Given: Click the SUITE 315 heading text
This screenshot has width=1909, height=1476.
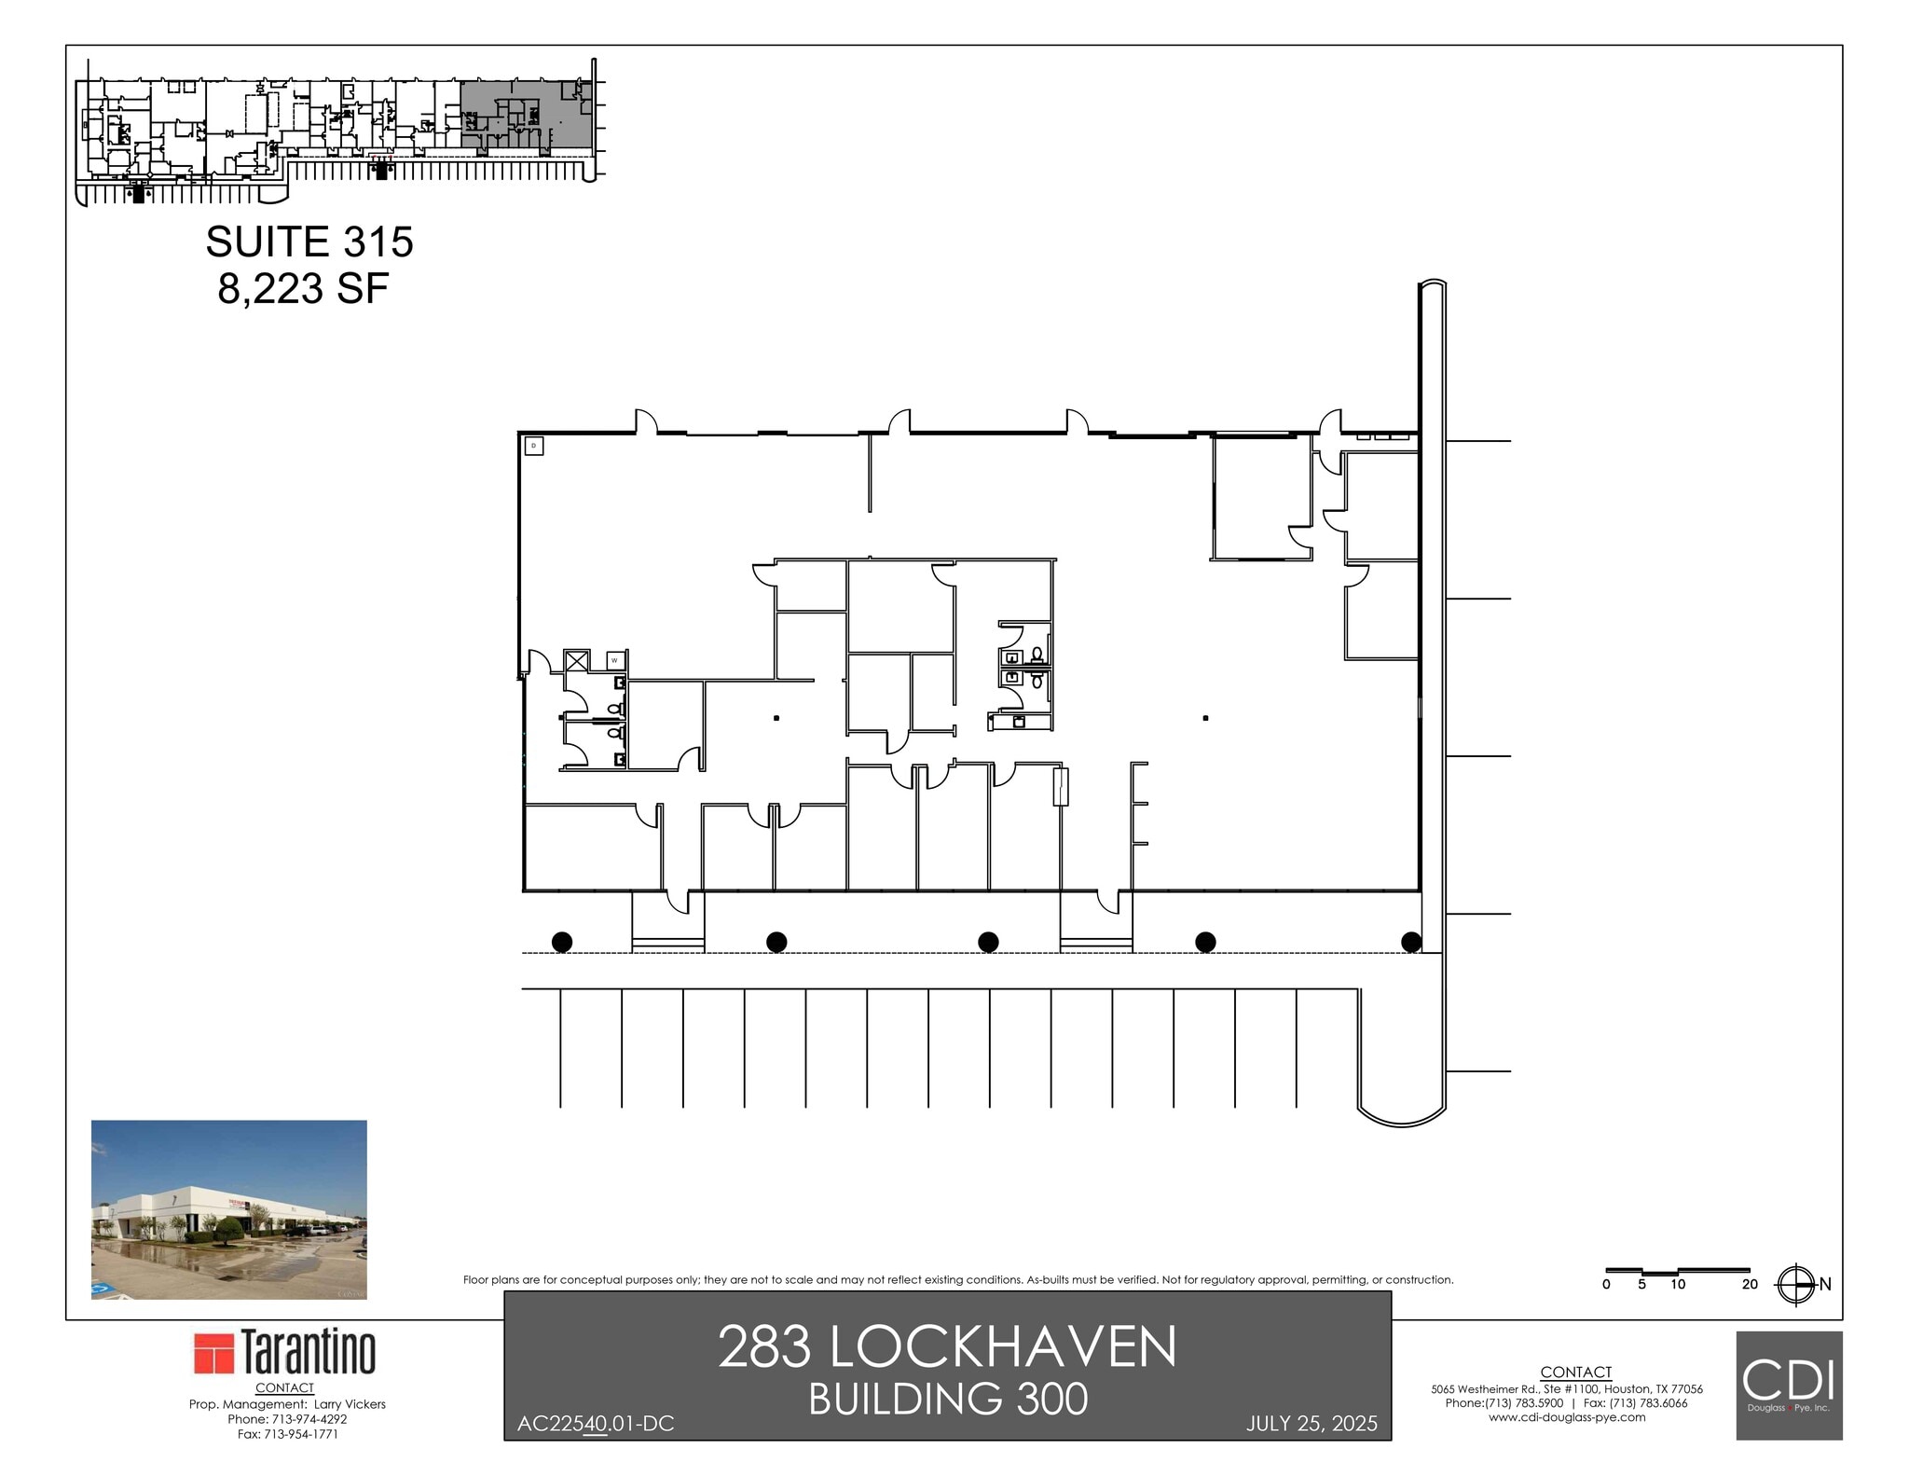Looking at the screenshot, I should point(309,242).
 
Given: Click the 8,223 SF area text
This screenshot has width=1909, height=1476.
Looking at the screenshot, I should point(303,289).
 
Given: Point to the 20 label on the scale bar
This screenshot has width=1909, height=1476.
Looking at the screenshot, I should point(1750,1285).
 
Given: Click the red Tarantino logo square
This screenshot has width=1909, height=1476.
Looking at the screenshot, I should point(213,1353).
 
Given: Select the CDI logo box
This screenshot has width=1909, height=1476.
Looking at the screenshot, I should point(1789,1385).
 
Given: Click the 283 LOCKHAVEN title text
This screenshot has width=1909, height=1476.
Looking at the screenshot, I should point(947,1347).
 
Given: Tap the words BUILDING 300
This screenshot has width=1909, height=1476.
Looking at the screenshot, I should point(947,1400).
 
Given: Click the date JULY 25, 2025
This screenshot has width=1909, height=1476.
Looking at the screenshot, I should point(1312,1424).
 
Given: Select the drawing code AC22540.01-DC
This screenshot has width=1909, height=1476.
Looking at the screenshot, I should point(595,1424).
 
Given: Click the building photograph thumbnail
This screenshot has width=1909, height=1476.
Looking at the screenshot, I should point(228,1209).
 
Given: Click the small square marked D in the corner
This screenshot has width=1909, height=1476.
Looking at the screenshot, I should point(534,447).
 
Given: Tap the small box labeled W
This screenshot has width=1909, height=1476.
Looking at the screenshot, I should point(614,660).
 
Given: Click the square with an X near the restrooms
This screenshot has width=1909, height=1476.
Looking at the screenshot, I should point(577,661).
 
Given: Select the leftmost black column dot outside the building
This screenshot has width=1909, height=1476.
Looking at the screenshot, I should point(562,942).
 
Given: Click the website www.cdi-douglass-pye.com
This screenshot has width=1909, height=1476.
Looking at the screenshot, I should point(1567,1417).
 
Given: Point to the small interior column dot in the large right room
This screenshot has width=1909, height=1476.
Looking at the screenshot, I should point(1205,718).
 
